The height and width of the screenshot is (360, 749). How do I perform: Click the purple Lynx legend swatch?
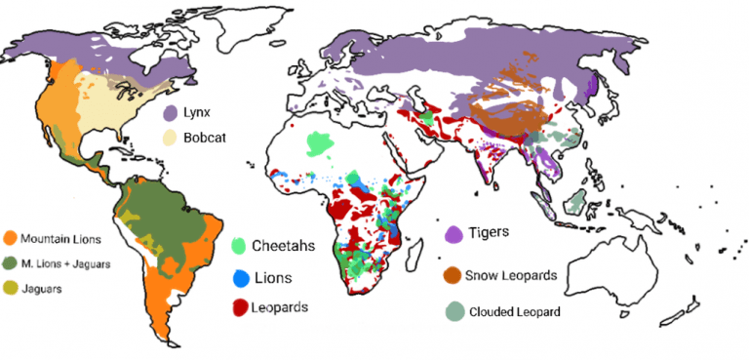tap(170, 114)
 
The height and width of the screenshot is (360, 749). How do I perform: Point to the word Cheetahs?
tap(284, 245)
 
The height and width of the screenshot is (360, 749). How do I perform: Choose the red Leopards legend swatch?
tap(240, 307)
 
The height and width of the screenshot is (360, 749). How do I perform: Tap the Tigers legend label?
tap(489, 232)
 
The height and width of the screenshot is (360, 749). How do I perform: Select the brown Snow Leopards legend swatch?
tap(452, 275)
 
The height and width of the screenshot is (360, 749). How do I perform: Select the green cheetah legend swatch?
tap(240, 245)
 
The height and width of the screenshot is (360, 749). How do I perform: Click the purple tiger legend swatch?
tap(453, 234)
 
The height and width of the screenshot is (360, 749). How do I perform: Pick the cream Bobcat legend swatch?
tap(170, 139)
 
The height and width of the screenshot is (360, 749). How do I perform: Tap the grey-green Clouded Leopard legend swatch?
tap(452, 312)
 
